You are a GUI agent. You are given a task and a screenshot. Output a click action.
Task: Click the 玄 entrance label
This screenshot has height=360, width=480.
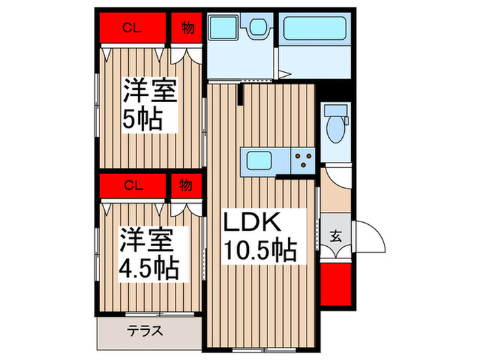pyautogui.click(x=336, y=237)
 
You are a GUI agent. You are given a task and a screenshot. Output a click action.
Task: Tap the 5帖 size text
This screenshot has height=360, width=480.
pyautogui.click(x=142, y=119)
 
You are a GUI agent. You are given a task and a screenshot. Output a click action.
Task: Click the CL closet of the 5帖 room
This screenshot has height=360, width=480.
pyautogui.click(x=133, y=29)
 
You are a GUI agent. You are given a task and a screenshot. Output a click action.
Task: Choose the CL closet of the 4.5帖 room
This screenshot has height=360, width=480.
pyautogui.click(x=133, y=185)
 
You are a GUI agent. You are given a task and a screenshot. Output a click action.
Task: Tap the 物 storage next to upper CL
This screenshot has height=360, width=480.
pyautogui.click(x=186, y=29)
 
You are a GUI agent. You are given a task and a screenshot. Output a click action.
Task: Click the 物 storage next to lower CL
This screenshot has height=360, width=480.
pyautogui.click(x=186, y=185)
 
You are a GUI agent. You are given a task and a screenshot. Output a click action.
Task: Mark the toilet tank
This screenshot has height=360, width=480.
pyautogui.click(x=336, y=110)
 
